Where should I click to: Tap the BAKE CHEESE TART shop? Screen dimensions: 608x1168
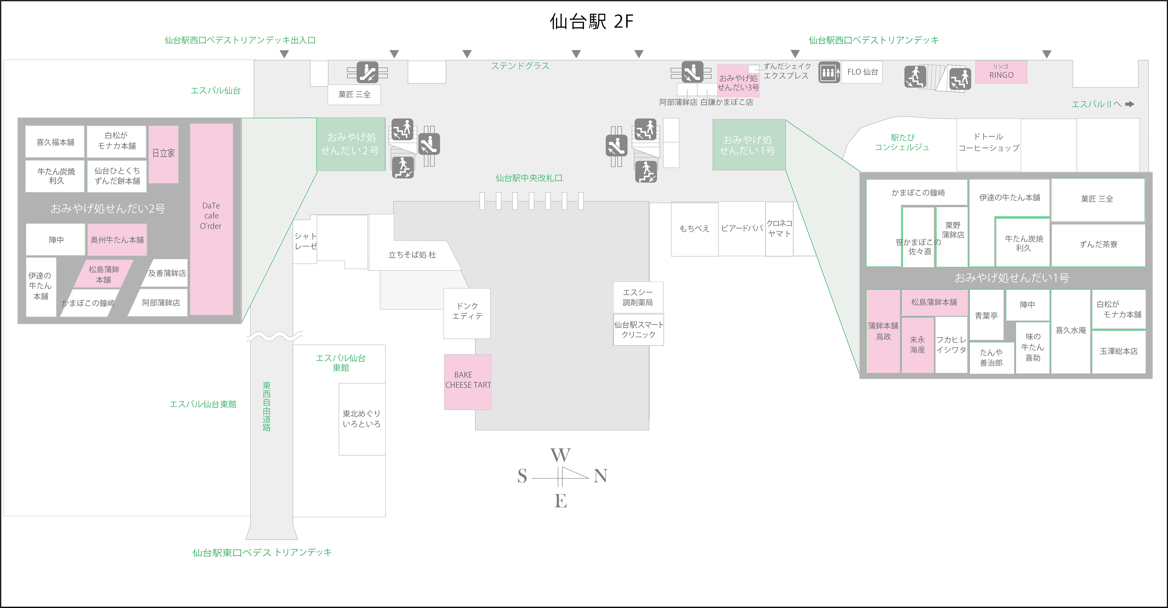tap(467, 381)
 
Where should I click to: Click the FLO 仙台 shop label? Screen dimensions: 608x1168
tap(862, 72)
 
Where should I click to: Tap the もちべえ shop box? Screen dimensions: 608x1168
tap(694, 229)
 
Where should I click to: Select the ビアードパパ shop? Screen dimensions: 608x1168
tap(742, 229)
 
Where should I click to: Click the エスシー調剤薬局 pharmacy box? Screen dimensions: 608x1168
tap(637, 297)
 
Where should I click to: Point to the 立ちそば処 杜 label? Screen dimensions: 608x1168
tap(412, 255)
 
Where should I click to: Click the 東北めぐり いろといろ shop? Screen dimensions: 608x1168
tap(362, 419)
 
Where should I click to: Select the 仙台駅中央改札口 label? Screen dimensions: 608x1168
tap(529, 178)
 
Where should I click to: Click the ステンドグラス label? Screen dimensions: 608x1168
tap(520, 66)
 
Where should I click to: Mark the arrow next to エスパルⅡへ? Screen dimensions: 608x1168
tap(1129, 104)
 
